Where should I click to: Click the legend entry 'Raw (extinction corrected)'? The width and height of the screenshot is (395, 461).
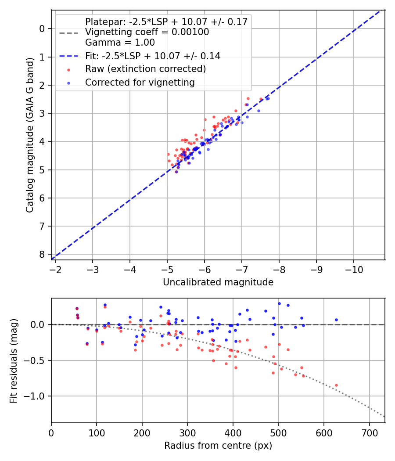[x=145, y=69]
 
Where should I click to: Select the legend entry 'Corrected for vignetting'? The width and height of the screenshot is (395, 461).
[x=140, y=82]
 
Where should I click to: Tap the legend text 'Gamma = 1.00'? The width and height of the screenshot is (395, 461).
[x=120, y=43]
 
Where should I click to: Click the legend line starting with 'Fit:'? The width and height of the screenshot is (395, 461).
[x=152, y=56]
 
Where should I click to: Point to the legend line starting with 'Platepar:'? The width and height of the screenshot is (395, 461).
[x=166, y=22]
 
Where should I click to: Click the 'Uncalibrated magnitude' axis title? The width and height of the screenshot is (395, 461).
[x=218, y=282]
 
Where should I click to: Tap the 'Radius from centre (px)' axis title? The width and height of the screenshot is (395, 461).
[x=218, y=446]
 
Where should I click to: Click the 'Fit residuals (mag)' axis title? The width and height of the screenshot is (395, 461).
[x=14, y=361]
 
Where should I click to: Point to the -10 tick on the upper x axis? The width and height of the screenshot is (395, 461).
[x=354, y=269]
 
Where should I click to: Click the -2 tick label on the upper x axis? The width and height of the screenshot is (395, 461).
[x=55, y=269]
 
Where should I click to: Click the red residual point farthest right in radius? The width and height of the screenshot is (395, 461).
[x=336, y=385]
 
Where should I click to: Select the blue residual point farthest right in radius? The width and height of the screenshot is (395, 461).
[x=336, y=320]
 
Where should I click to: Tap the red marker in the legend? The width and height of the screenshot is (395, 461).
[x=68, y=69]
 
